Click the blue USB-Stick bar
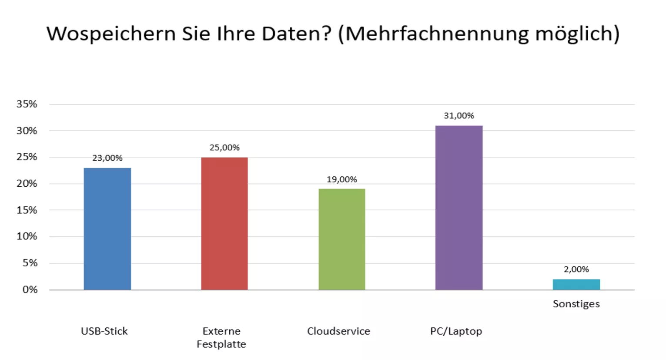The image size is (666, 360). pos(107,229)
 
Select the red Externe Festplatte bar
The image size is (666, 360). pos(224,223)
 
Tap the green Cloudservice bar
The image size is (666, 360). pos(341,239)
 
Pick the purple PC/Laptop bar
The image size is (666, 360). pos(459,208)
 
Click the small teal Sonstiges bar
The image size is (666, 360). pos(576,284)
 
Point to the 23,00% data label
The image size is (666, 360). pos(107,158)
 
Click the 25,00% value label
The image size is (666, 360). pos(224,148)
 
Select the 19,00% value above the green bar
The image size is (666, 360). pos(341,179)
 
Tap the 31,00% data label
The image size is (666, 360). pos(459,116)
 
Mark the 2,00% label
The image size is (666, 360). pos(576,269)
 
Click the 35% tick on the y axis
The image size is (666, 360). pos(27,104)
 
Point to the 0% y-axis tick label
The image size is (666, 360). pos(30,289)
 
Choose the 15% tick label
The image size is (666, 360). pos(27,210)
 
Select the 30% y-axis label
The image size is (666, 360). pos(27,131)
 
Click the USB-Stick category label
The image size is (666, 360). pos(104,331)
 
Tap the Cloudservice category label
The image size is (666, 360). pos(338,331)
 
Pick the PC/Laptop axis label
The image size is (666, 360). pos(456,331)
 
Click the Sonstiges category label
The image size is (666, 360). pos(576,304)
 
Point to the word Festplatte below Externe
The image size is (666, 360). pos(221,344)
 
